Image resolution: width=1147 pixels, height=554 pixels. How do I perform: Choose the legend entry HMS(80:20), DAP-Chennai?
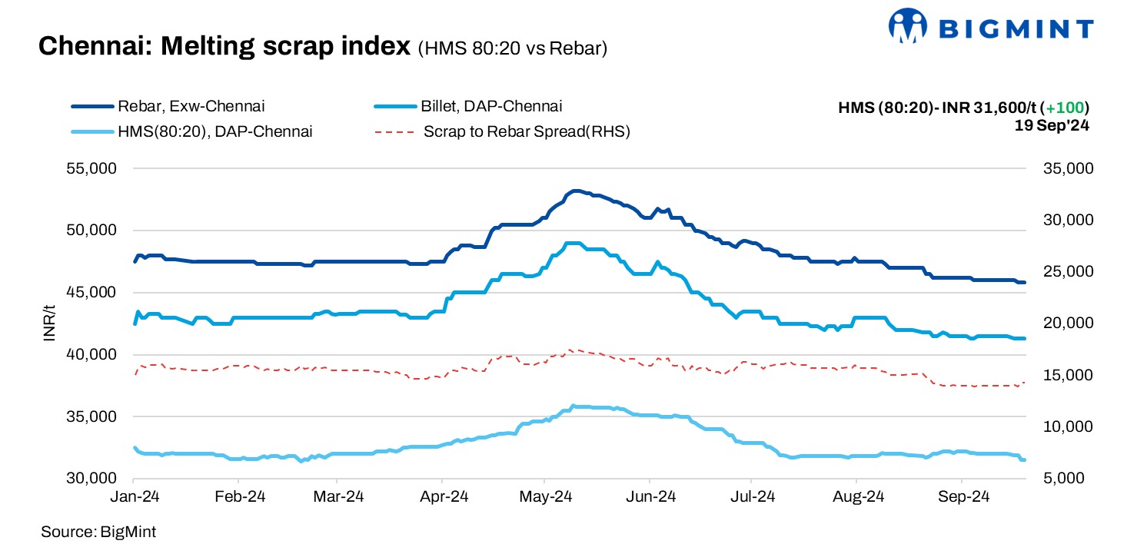point(214,131)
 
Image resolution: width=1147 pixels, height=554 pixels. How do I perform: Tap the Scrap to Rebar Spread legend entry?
point(526,131)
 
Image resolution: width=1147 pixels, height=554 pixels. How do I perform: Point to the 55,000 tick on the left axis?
point(93,168)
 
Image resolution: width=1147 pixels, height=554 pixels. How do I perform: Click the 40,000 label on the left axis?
point(93,355)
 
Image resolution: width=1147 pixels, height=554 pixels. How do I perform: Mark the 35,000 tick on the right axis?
point(1065,168)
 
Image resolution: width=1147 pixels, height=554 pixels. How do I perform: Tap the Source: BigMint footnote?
point(98,532)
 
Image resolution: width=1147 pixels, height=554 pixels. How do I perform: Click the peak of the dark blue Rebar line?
point(575,191)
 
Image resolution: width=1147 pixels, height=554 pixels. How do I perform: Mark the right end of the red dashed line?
point(1025,382)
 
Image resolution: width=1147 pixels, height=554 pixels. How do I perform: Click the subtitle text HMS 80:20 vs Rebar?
point(513,49)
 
